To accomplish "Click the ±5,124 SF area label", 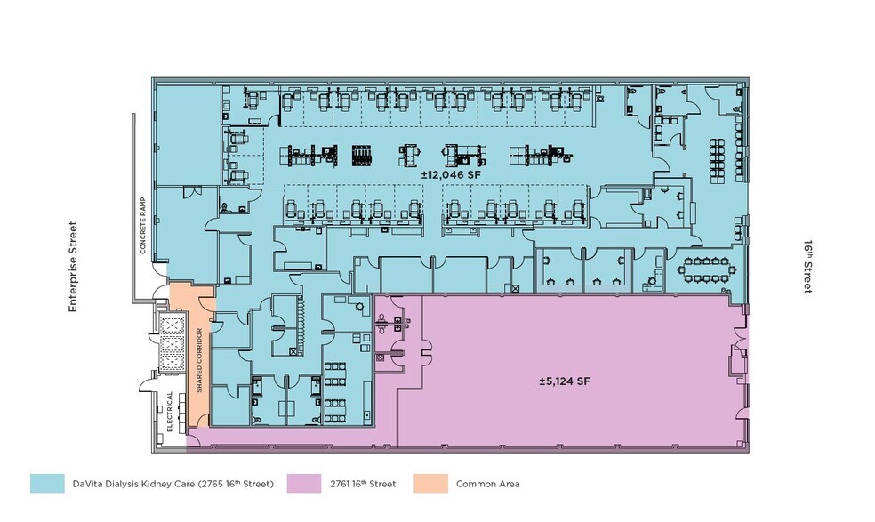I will (x=565, y=381).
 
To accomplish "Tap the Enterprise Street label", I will (x=73, y=267).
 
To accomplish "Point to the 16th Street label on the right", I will (x=807, y=266).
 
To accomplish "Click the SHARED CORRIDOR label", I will (x=199, y=360).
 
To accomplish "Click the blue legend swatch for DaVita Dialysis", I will (x=47, y=484).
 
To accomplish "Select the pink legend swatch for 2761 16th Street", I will (x=303, y=484).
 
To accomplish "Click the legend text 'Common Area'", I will (x=487, y=485).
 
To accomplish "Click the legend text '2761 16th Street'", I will (x=365, y=485).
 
